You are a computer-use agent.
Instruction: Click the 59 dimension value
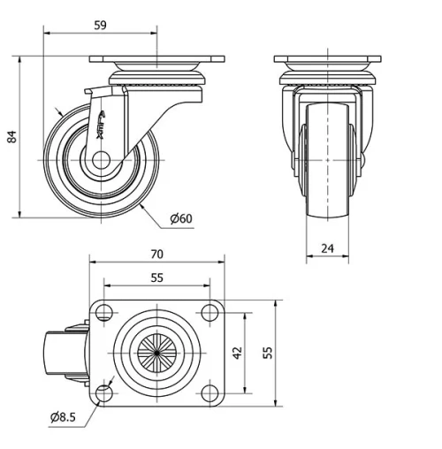pyautogui.click(x=99, y=26)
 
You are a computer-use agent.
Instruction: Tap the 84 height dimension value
pyautogui.click(x=11, y=137)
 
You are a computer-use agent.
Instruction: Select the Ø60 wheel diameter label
pyautogui.click(x=179, y=218)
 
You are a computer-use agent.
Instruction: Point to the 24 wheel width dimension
pyautogui.click(x=327, y=248)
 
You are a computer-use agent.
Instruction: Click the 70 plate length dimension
pyautogui.click(x=156, y=255)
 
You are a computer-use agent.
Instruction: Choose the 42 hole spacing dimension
pyautogui.click(x=236, y=351)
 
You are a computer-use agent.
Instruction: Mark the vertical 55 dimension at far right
pyautogui.click(x=267, y=351)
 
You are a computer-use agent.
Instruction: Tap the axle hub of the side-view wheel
pyautogui.click(x=99, y=161)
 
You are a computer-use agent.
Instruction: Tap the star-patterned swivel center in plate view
pyautogui.click(x=156, y=351)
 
